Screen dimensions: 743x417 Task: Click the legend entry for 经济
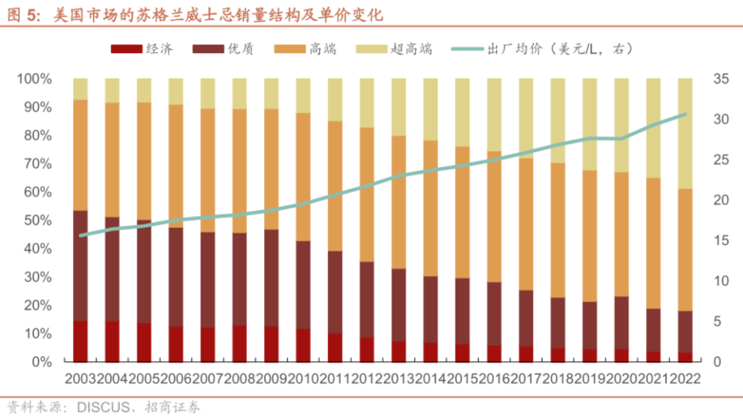coord(142,49)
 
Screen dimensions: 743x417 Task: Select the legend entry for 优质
coord(223,49)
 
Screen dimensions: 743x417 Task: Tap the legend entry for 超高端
coord(394,49)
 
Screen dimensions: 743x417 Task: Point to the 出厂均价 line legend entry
coord(542,49)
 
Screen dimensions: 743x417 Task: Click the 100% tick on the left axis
coord(34,78)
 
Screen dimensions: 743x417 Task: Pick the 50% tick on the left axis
coord(37,220)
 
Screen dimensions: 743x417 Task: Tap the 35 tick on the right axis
coord(721,78)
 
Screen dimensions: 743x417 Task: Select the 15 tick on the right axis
coord(721,240)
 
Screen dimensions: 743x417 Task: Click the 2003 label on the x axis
coord(80,378)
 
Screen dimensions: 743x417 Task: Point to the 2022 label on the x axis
coord(685,378)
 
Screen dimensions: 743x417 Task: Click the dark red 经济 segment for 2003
coord(80,342)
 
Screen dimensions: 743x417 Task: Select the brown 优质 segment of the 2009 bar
coord(271,278)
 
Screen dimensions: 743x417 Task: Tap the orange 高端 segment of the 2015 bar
coord(462,213)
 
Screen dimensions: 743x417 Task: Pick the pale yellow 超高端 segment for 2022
coord(685,133)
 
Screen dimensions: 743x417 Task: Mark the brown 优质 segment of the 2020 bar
coord(621,323)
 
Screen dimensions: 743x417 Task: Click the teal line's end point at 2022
coord(685,114)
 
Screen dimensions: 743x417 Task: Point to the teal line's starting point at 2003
coord(80,235)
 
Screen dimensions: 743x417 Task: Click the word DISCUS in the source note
coord(103,407)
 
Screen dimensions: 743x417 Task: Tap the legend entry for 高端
coord(305,49)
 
